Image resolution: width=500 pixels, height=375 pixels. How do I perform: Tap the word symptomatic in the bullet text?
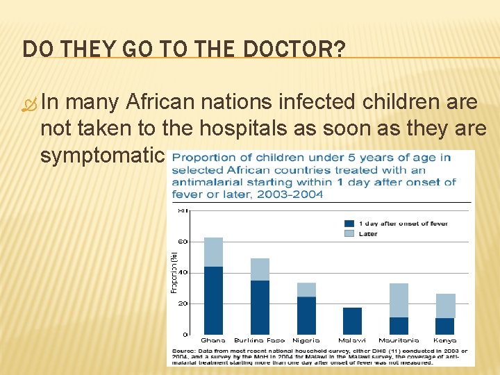[101, 155]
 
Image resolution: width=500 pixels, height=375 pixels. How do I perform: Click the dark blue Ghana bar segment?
[213, 300]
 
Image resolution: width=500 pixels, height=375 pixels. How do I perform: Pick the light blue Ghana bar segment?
[213, 252]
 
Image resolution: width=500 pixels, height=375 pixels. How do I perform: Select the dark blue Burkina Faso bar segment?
[260, 307]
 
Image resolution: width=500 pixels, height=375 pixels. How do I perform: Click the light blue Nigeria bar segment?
[306, 290]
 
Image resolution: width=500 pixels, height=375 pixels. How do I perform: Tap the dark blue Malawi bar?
[353, 321]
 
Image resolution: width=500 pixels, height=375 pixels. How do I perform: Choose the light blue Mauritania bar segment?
[399, 300]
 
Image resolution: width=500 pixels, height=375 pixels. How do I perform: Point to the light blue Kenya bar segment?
[445, 306]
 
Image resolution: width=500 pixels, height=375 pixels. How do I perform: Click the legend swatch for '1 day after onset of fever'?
[349, 224]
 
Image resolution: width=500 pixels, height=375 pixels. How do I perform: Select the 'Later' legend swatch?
[349, 234]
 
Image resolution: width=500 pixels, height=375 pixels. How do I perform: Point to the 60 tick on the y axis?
[183, 242]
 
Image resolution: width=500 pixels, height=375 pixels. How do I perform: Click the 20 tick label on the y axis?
[183, 303]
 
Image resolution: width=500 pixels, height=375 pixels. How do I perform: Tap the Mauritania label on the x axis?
[399, 341]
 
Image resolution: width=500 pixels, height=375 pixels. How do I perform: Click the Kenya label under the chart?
[445, 341]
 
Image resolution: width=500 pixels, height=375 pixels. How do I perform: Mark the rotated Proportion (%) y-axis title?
[174, 272]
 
